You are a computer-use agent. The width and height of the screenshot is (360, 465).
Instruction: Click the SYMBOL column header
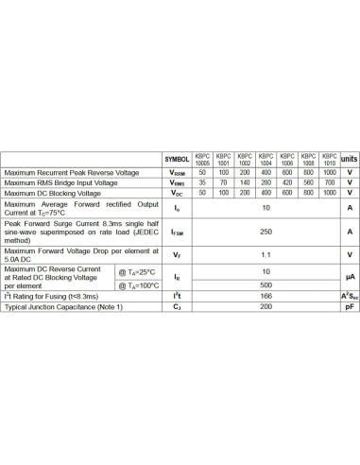178,159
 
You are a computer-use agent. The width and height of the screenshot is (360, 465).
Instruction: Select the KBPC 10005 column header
202,159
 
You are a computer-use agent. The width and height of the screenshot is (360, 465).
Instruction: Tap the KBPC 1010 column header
329,159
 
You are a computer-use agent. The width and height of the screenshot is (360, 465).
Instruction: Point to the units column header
349,159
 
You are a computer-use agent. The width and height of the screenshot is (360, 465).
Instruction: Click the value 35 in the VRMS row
202,182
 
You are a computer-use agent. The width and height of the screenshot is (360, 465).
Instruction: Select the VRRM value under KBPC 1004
266,173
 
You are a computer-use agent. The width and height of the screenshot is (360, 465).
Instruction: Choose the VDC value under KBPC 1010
329,193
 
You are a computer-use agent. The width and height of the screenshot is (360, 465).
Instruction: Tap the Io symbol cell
178,207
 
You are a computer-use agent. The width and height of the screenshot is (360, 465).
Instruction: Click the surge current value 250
266,232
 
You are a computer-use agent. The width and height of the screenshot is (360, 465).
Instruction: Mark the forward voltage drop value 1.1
266,255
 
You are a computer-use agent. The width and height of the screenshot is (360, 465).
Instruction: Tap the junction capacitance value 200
266,306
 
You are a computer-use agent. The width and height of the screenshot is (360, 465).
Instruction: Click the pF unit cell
349,306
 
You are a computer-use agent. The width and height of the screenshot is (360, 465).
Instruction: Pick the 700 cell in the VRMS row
329,182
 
